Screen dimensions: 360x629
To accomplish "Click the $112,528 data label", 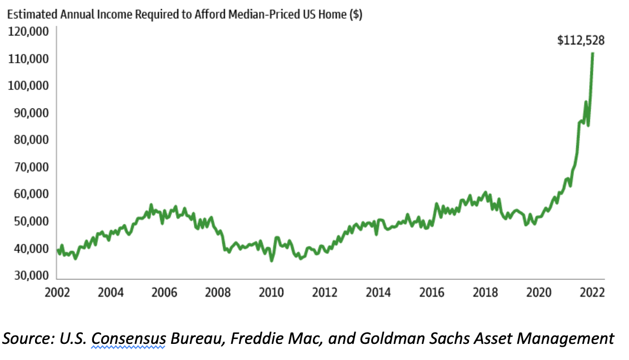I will (x=581, y=41).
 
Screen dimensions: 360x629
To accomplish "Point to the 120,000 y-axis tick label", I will (x=28, y=31).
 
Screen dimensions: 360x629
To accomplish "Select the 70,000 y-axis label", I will (x=28, y=167).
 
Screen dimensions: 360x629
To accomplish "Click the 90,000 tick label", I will (x=28, y=113).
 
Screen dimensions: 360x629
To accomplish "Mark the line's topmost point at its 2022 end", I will (x=593, y=53).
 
